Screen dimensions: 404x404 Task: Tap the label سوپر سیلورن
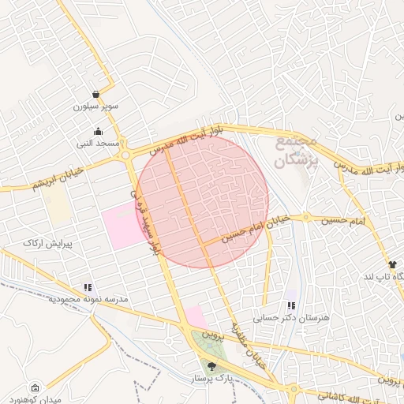point(96,106)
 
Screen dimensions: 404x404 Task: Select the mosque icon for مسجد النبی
point(97,132)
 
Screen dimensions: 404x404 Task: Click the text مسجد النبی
point(96,144)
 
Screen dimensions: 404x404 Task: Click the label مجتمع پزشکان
point(297,151)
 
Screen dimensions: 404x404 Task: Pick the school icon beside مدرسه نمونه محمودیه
point(88,288)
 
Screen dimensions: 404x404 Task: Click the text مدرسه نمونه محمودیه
point(88,301)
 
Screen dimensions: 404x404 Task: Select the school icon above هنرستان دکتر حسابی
point(291,305)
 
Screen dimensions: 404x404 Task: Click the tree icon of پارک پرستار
point(211,365)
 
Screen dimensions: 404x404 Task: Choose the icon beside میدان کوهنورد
point(34,387)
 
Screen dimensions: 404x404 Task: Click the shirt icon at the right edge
point(391,264)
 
